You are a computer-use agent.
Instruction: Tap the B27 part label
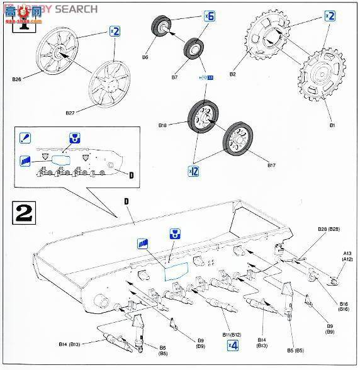(x=70, y=113)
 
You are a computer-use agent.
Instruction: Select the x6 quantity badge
(x=208, y=17)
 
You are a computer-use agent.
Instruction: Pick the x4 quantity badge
(x=232, y=344)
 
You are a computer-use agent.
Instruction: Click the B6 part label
(x=145, y=57)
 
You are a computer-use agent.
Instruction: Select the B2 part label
(x=232, y=74)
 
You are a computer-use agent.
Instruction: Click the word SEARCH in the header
(x=76, y=9)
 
